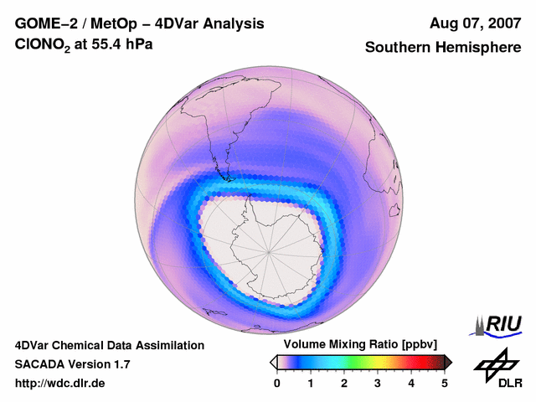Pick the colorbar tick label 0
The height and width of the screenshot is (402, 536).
click(277, 383)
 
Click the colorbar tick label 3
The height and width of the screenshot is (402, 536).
click(378, 383)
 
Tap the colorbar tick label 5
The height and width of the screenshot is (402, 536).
click(445, 383)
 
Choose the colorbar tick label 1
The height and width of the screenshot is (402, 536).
click(311, 383)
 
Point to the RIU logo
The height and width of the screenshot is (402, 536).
click(498, 324)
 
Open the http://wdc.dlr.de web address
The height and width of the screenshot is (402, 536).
click(60, 384)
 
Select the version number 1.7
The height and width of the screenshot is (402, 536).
click(120, 364)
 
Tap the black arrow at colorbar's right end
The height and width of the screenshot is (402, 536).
click(448, 361)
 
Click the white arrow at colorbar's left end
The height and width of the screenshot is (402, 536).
click(273, 361)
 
